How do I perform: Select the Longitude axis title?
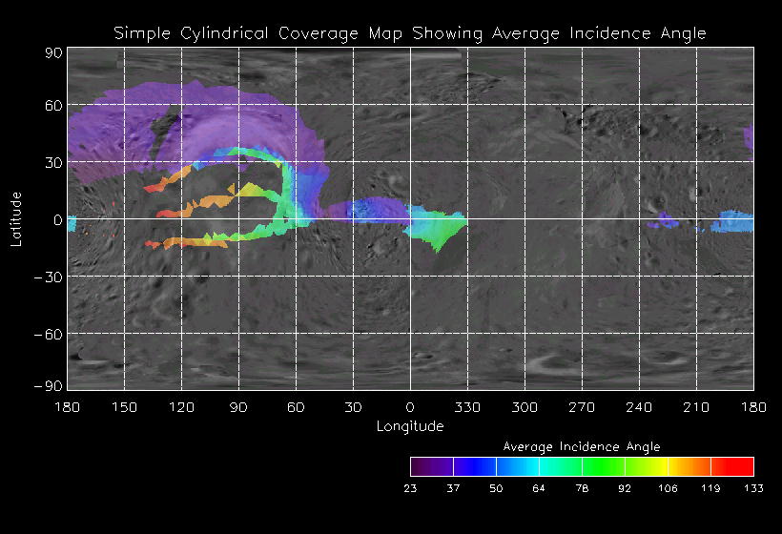pyautogui.click(x=410, y=426)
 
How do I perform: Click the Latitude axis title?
pyautogui.click(x=16, y=219)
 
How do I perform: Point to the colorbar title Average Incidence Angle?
pyautogui.click(x=581, y=446)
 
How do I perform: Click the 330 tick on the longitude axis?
pyautogui.click(x=467, y=407)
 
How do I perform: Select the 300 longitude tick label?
pyautogui.click(x=525, y=407)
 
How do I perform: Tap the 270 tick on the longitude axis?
pyautogui.click(x=582, y=407)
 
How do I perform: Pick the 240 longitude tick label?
pyautogui.click(x=639, y=407)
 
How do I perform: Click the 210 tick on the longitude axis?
pyautogui.click(x=696, y=407)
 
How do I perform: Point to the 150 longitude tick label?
pyautogui.click(x=124, y=407)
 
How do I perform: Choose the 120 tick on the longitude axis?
pyautogui.click(x=181, y=407)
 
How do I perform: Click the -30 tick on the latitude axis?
pyautogui.click(x=50, y=277)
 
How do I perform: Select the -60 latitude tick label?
pyautogui.click(x=50, y=334)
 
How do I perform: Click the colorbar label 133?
pyautogui.click(x=753, y=488)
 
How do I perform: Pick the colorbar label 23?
pyautogui.click(x=410, y=488)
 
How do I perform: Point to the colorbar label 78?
pyautogui.click(x=582, y=488)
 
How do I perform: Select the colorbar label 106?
pyautogui.click(x=668, y=488)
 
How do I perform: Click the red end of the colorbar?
pyautogui.click(x=744, y=466)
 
